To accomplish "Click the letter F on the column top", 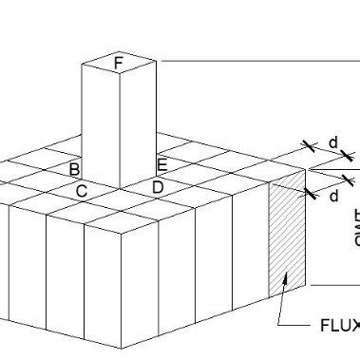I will pyautogui.click(x=118, y=64).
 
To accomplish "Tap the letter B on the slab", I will pyautogui.click(x=74, y=169).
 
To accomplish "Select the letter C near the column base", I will pyautogui.click(x=82, y=191).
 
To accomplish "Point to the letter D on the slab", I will pyautogui.click(x=158, y=186).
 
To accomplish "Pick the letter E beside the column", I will pyautogui.click(x=162, y=165).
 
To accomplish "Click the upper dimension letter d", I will pyautogui.click(x=332, y=142).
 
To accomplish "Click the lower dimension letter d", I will pyautogui.click(x=333, y=197).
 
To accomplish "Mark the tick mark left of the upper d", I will pyautogui.click(x=308, y=146).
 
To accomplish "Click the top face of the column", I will pyautogui.click(x=118, y=64).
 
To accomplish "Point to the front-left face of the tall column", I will pyautogui.click(x=101, y=123).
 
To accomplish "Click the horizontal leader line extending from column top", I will pyautogui.click(x=256, y=60).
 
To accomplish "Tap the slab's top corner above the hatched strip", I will pyautogui.click(x=306, y=171).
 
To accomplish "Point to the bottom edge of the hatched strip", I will pyautogui.click(x=287, y=290).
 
